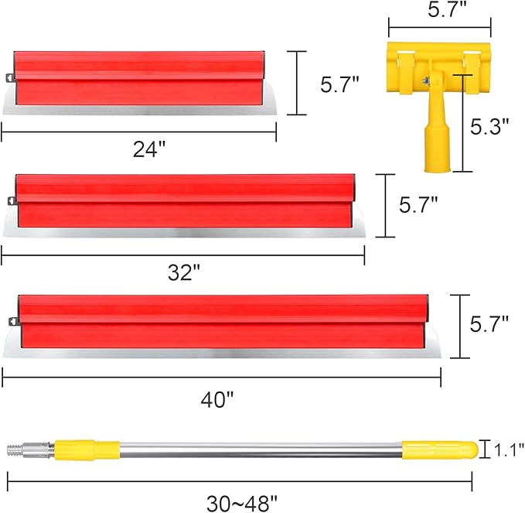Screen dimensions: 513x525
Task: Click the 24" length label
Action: click(x=148, y=149)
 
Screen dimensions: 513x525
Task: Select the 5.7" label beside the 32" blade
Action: click(x=418, y=204)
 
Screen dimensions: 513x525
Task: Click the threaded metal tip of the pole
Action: click(x=17, y=448)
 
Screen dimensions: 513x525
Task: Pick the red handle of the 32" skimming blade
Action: click(x=186, y=200)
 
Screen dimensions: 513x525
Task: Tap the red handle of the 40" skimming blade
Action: click(x=220, y=320)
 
